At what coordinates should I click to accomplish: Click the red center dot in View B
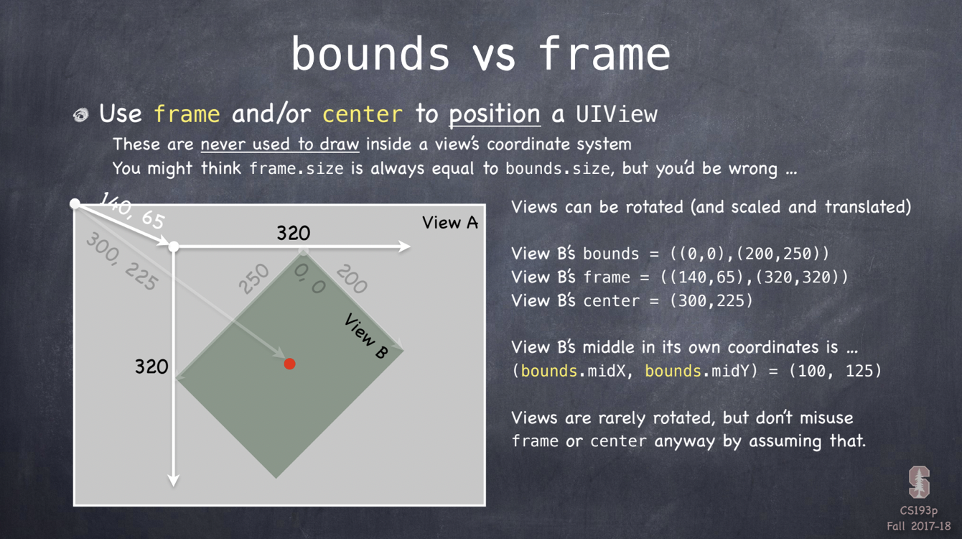tap(290, 364)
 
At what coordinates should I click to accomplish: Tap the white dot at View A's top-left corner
tap(75, 203)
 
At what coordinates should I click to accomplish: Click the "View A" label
tap(450, 223)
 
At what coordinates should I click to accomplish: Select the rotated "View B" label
tap(366, 336)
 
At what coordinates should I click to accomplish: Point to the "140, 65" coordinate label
tap(132, 211)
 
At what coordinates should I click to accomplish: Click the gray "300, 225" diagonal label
tap(122, 261)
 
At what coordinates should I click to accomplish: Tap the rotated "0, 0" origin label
tap(309, 278)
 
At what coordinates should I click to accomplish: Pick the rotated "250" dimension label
tap(254, 279)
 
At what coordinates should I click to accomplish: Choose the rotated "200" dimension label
tap(352, 279)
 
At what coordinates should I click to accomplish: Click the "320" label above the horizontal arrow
tap(294, 233)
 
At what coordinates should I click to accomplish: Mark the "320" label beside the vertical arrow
tap(151, 367)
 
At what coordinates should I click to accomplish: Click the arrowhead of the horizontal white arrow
tap(405, 247)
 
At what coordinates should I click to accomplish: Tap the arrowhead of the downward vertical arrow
tap(174, 481)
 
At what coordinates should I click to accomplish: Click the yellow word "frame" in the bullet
tap(187, 114)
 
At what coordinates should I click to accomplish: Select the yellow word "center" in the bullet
tap(363, 114)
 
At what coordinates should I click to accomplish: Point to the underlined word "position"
tap(495, 115)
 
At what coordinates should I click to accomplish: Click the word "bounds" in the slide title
tap(370, 54)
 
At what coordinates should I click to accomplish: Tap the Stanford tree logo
tap(920, 482)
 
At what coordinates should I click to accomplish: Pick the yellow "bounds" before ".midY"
tap(673, 371)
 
